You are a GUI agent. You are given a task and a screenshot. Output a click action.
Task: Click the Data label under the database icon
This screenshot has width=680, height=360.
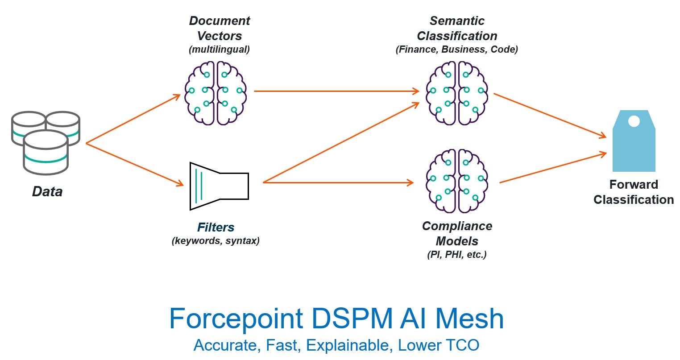point(47,192)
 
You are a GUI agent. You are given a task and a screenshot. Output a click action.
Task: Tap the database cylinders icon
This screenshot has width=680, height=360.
point(46,142)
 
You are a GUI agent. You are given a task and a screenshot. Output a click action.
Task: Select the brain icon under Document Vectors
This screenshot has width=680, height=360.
point(216,93)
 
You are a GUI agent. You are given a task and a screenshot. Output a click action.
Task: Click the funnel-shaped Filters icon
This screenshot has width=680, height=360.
point(219,186)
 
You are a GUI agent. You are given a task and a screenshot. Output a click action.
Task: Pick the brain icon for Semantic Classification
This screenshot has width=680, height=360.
point(457,93)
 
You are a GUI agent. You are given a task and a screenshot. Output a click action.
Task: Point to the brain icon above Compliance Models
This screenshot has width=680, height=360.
point(457,181)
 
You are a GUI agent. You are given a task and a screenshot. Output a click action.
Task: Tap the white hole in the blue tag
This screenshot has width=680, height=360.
point(634,121)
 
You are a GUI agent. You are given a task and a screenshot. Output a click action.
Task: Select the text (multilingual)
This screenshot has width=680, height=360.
point(219,50)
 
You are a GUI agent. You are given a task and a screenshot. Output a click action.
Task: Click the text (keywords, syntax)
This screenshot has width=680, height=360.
point(216,241)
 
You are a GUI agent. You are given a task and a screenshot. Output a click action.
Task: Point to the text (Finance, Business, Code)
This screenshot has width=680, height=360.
point(457,50)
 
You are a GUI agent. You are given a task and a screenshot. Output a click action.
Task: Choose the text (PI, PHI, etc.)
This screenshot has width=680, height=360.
point(457,255)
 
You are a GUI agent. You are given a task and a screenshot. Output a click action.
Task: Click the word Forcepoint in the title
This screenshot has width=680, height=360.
point(236,319)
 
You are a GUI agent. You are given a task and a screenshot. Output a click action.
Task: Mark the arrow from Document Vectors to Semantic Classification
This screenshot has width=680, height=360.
point(337,91)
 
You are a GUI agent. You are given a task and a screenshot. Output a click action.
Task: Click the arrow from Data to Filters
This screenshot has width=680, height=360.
point(134,164)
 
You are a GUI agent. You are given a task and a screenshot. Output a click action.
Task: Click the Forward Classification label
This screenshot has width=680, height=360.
point(634,192)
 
